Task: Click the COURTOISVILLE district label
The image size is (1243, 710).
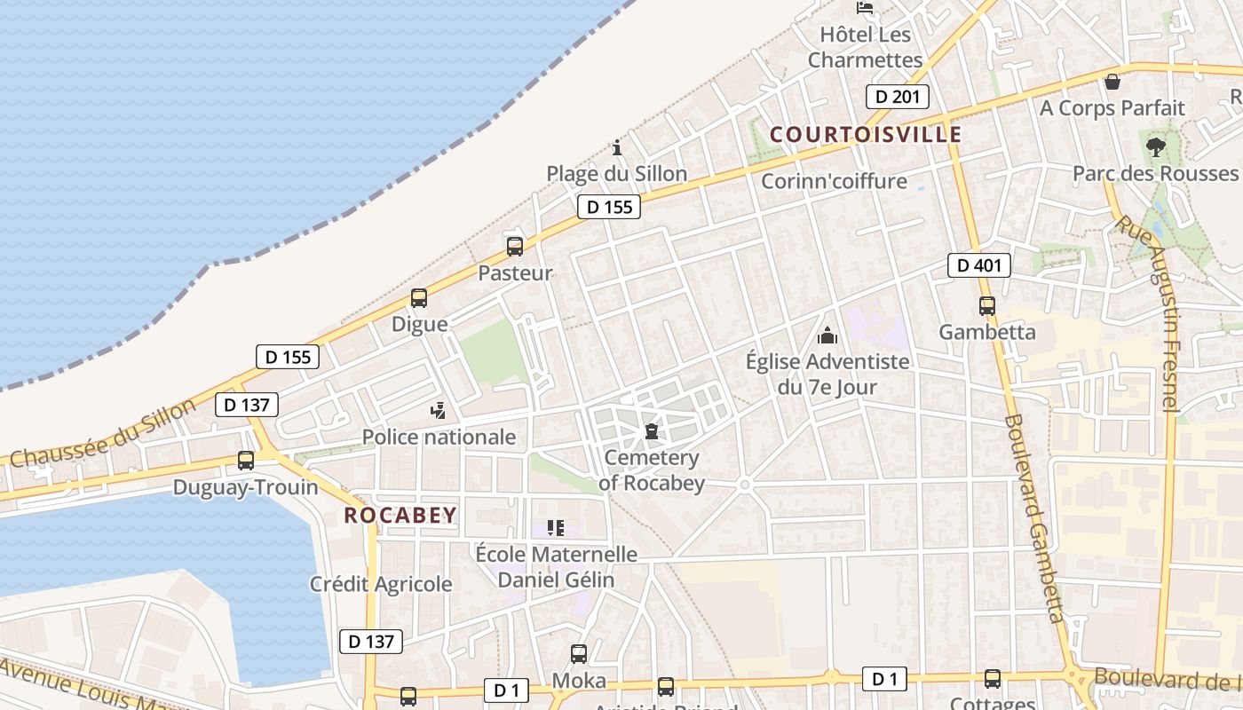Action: [866, 134]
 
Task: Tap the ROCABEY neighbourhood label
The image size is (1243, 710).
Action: [400, 515]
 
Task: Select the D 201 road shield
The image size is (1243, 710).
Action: [897, 97]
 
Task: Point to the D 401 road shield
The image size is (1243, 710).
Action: [978, 264]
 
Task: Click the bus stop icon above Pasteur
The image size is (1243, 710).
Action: [515, 247]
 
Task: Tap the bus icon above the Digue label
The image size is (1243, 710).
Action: [419, 298]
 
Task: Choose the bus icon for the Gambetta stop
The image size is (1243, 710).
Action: [987, 306]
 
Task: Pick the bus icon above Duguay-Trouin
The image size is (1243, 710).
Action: [246, 461]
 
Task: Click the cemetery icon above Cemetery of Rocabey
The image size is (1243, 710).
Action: [652, 432]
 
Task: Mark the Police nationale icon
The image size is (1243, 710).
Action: [438, 410]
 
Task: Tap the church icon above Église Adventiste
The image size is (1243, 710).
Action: [827, 335]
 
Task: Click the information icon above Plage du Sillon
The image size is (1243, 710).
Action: [617, 147]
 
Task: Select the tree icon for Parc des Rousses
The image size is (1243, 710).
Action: [1155, 147]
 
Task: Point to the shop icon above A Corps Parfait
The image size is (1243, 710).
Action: [1112, 83]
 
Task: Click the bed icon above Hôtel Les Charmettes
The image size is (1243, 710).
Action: [864, 8]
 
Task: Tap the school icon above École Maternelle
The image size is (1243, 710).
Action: [556, 528]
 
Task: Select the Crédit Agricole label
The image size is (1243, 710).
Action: [381, 584]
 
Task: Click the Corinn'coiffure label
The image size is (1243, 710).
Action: [835, 181]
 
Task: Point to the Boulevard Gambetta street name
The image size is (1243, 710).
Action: [1034, 518]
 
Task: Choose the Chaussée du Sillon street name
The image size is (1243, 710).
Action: [102, 433]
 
